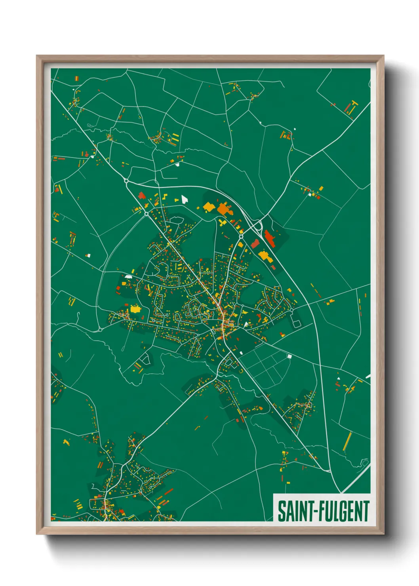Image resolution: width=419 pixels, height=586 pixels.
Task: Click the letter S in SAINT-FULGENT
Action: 282,511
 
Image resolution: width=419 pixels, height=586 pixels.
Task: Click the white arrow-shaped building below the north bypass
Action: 184,198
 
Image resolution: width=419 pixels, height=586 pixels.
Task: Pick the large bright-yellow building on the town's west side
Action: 135,308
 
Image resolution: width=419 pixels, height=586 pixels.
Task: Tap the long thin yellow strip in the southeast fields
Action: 347,441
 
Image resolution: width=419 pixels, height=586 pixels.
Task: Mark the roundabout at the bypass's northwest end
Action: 126,181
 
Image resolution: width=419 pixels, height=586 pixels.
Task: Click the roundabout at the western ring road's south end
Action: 101,329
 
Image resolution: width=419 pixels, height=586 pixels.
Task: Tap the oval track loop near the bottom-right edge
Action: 365,462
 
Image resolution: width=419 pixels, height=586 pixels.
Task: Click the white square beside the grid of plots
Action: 289,356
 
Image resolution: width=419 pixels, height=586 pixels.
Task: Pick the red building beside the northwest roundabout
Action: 141,195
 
